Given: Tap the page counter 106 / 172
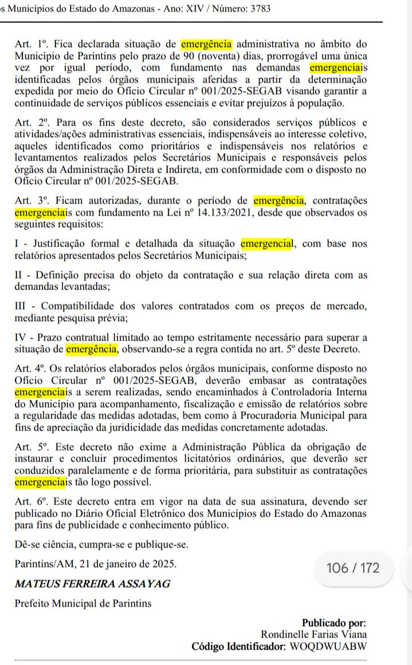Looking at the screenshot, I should [352, 568].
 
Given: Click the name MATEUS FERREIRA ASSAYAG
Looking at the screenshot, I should [92, 584].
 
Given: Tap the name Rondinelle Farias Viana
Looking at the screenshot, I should [313, 634].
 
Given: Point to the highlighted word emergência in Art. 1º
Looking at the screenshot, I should [206, 44].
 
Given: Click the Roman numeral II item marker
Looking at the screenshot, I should [19, 275].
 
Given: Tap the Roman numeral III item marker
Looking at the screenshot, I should [21, 306].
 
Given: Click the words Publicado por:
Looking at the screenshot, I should [334, 623].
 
